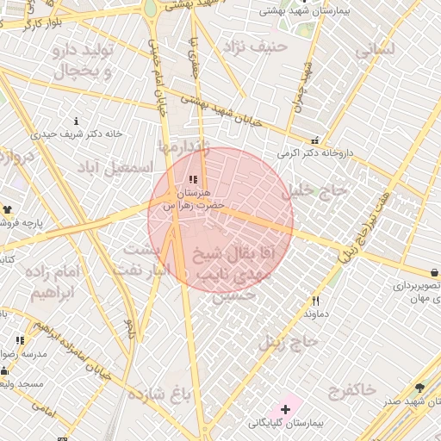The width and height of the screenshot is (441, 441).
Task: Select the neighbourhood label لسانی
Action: tap(375, 50)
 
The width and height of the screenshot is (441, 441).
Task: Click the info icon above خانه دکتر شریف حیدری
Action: tap(78, 121)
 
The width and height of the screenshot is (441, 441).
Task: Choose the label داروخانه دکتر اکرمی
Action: tap(315, 153)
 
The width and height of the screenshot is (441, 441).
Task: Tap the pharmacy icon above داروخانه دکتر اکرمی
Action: tap(315, 140)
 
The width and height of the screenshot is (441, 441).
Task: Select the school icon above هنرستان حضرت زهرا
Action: tap(193, 179)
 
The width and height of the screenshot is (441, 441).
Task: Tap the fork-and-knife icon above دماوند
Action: tap(316, 301)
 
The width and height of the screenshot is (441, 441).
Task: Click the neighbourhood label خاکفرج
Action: tap(351, 390)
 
